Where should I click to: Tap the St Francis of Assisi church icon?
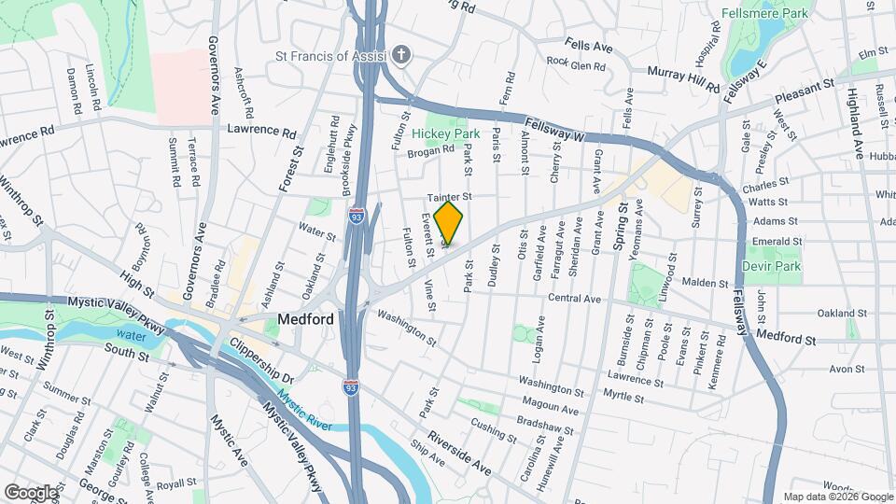pyautogui.click(x=401, y=55)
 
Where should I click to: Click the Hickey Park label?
pyautogui.click(x=446, y=133)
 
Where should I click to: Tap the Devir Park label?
pyautogui.click(x=771, y=266)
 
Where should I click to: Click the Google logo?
pyautogui.click(x=31, y=492)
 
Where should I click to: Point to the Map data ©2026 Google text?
pyautogui.click(x=837, y=497)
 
